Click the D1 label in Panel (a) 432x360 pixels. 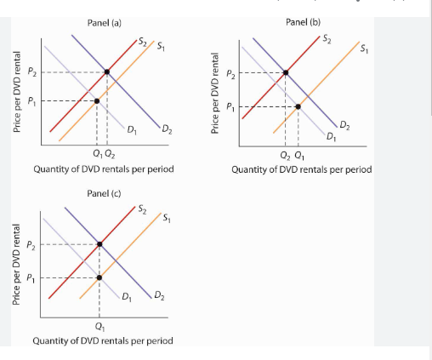coord(132,130)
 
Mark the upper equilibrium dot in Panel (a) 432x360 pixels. coord(106,72)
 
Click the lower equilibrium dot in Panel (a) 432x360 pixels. coord(96,100)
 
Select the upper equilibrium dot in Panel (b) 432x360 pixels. coord(286,72)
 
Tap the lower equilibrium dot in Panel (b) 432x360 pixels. coord(298,106)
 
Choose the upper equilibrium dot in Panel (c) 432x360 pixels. coord(99,244)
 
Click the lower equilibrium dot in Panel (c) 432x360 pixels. coord(99,277)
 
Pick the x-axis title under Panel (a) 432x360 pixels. coord(103,169)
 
